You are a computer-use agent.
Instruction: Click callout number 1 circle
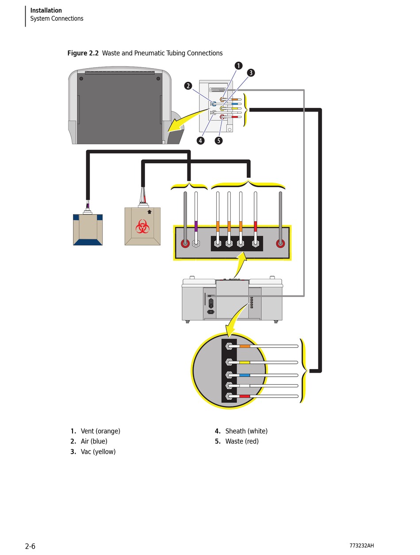(238, 66)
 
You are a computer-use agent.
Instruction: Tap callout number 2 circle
(188, 86)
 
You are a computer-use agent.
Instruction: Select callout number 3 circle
(251, 73)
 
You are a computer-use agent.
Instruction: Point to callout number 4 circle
(201, 140)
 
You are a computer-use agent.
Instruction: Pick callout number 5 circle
(218, 141)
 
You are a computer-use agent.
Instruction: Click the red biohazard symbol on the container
(142, 226)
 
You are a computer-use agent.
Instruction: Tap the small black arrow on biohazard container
(149, 212)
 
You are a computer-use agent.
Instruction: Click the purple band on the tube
(196, 226)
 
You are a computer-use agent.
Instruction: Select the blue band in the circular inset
(244, 375)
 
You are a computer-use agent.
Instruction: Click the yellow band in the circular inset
(244, 362)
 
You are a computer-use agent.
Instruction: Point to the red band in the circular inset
(244, 396)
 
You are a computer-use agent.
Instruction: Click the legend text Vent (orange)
(100, 431)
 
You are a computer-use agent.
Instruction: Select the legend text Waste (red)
(242, 441)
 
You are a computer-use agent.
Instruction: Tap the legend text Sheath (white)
(246, 431)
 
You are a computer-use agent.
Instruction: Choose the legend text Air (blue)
(94, 441)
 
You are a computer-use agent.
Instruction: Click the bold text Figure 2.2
(83, 53)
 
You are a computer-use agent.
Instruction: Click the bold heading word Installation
(46, 10)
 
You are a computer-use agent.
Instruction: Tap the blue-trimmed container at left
(88, 230)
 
